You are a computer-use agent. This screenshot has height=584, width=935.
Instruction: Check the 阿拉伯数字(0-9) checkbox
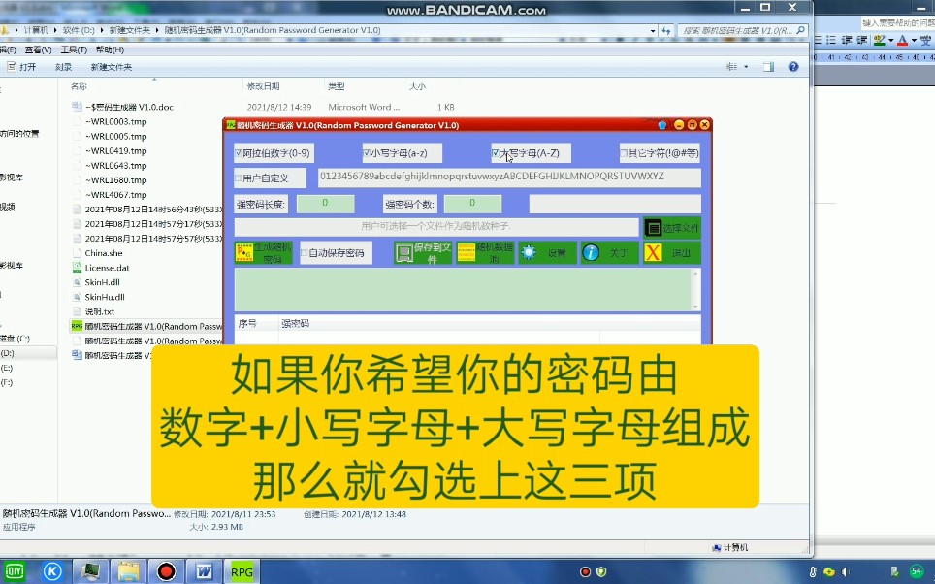point(239,153)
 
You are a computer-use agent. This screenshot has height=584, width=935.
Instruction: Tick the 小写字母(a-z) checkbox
point(367,153)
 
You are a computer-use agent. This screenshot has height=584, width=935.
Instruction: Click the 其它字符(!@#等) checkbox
point(625,153)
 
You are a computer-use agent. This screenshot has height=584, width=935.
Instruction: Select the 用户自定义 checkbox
point(239,178)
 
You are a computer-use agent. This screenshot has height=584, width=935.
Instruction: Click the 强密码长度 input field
point(325,204)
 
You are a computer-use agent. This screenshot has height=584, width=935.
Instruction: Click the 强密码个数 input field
point(472,204)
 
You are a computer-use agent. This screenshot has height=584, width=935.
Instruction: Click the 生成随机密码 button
point(264,253)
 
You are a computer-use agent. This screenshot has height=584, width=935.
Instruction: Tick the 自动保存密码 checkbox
point(305,253)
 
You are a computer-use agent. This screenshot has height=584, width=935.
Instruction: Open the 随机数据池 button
point(485,253)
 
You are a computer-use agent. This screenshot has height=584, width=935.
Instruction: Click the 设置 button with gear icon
point(547,253)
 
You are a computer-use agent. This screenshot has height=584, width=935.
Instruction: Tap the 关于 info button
point(609,253)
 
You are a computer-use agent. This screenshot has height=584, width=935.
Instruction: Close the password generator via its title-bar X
point(705,125)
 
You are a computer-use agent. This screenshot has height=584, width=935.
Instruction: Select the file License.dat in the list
point(107,268)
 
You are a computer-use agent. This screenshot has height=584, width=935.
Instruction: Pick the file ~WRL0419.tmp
point(115,151)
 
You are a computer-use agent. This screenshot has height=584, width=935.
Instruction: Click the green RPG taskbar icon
point(242,571)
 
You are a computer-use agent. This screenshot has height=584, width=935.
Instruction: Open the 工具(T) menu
point(74,49)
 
